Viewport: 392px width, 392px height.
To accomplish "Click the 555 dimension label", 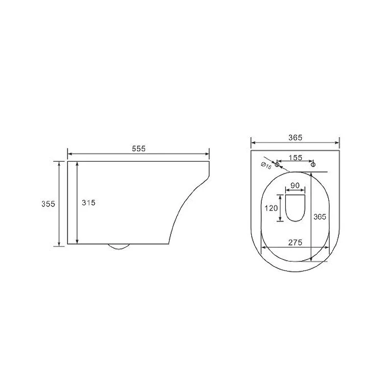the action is pyautogui.click(x=139, y=149).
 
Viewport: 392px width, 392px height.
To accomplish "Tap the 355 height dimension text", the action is pyautogui.click(x=48, y=204).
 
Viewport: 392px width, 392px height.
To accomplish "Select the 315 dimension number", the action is pyautogui.click(x=89, y=202).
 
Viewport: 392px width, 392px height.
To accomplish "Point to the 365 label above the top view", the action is pyautogui.click(x=295, y=138).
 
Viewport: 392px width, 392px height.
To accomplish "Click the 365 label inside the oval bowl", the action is pyautogui.click(x=320, y=217).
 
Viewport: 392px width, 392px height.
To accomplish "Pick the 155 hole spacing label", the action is pyautogui.click(x=295, y=158).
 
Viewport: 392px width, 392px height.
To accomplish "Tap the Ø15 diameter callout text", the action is pyautogui.click(x=266, y=166).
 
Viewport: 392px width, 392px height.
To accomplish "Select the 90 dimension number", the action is pyautogui.click(x=295, y=186).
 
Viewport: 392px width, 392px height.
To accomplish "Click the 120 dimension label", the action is pyautogui.click(x=271, y=208).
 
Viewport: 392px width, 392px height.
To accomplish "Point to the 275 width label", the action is pyautogui.click(x=295, y=243).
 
